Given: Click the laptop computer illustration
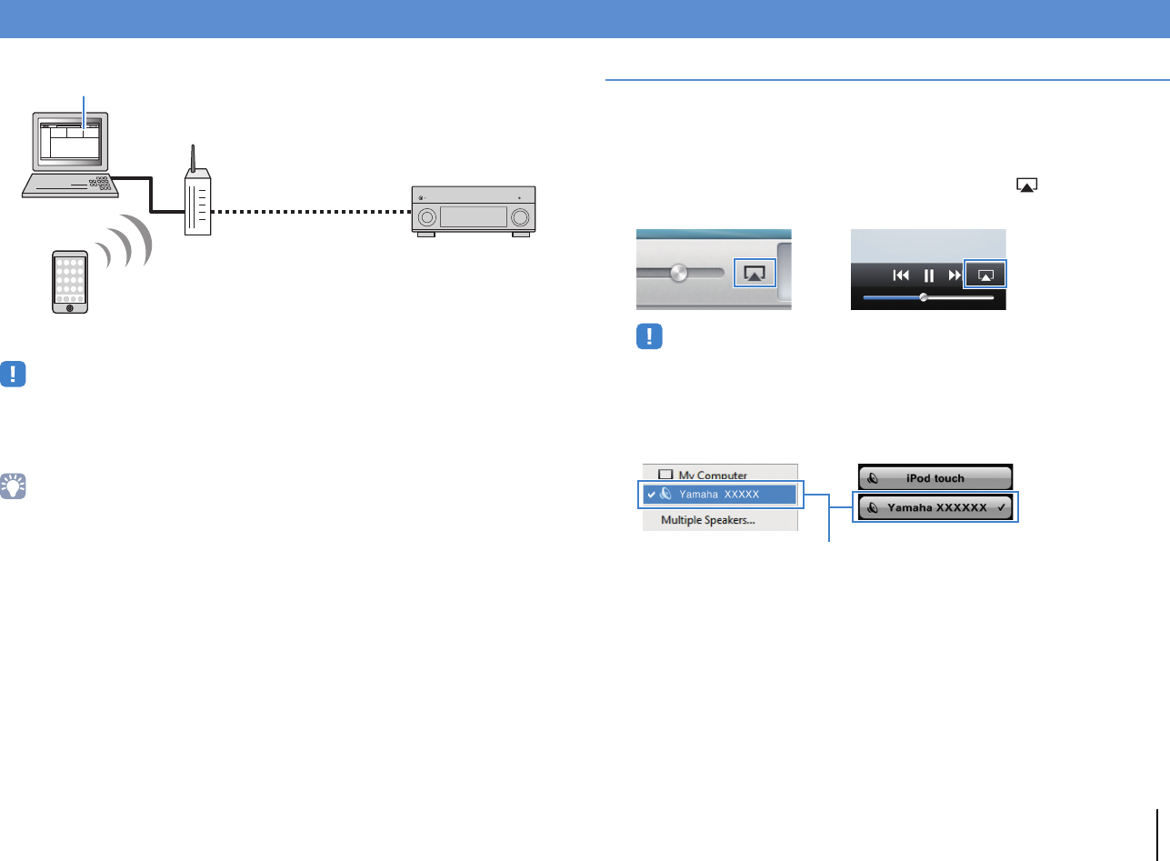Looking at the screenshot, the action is pyautogui.click(x=71, y=155).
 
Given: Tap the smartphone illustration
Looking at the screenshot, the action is pyautogui.click(x=69, y=282).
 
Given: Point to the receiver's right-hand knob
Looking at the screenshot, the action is pyautogui.click(x=521, y=218).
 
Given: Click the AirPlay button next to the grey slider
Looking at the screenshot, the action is pyautogui.click(x=754, y=273).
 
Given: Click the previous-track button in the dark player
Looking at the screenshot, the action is pyautogui.click(x=902, y=275).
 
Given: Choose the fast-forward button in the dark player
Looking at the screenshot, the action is pyautogui.click(x=955, y=275).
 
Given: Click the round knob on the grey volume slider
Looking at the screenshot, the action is pyautogui.click(x=678, y=274).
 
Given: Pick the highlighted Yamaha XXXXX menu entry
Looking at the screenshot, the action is pyautogui.click(x=720, y=495).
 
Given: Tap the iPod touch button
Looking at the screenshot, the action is pyautogui.click(x=935, y=478).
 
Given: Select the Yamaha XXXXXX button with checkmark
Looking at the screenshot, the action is pyautogui.click(x=935, y=508).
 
